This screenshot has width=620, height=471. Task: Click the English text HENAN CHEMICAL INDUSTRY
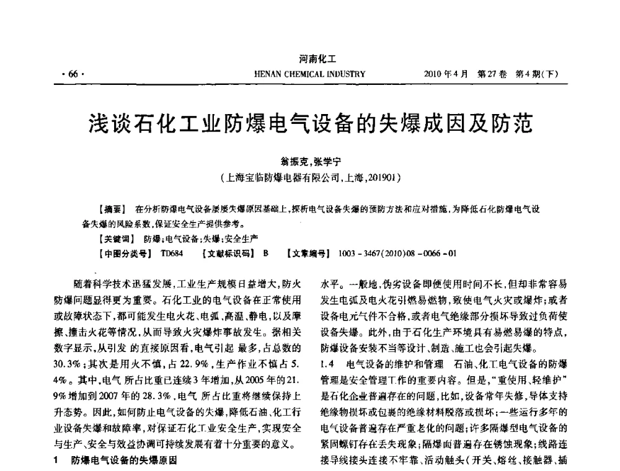click(310, 74)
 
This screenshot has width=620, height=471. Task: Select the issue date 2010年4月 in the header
click(445, 74)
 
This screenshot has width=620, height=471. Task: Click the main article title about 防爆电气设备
click(310, 121)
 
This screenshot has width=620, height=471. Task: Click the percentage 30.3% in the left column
click(67, 361)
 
